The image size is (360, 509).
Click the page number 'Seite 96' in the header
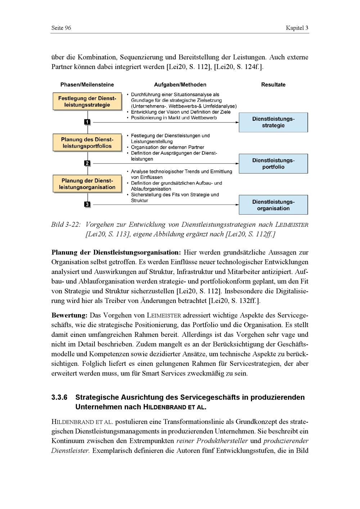(x=61, y=28)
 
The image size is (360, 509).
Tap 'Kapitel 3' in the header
(x=297, y=28)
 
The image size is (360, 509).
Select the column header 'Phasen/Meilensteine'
(x=87, y=85)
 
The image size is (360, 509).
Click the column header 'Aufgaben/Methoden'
(x=180, y=85)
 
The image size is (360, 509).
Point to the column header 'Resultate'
(x=273, y=85)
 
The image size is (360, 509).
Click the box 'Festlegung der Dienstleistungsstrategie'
(x=87, y=102)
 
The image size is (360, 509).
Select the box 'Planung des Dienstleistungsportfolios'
(x=87, y=143)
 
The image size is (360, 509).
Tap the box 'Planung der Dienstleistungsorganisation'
(x=87, y=184)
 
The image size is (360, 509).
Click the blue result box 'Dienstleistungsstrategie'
(x=273, y=122)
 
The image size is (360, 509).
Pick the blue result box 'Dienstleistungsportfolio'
(x=273, y=164)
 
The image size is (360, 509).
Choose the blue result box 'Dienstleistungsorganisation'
(x=273, y=205)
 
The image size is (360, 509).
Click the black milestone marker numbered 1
(x=87, y=122)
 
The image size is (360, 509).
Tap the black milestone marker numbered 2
(x=87, y=163)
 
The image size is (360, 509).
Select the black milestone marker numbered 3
(x=87, y=204)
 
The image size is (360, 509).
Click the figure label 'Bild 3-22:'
(x=66, y=225)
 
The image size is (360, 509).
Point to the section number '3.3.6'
(x=59, y=398)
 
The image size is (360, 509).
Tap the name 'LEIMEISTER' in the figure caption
(x=292, y=225)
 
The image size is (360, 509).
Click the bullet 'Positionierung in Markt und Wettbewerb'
(x=174, y=118)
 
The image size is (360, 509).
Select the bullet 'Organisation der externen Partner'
(x=167, y=147)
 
